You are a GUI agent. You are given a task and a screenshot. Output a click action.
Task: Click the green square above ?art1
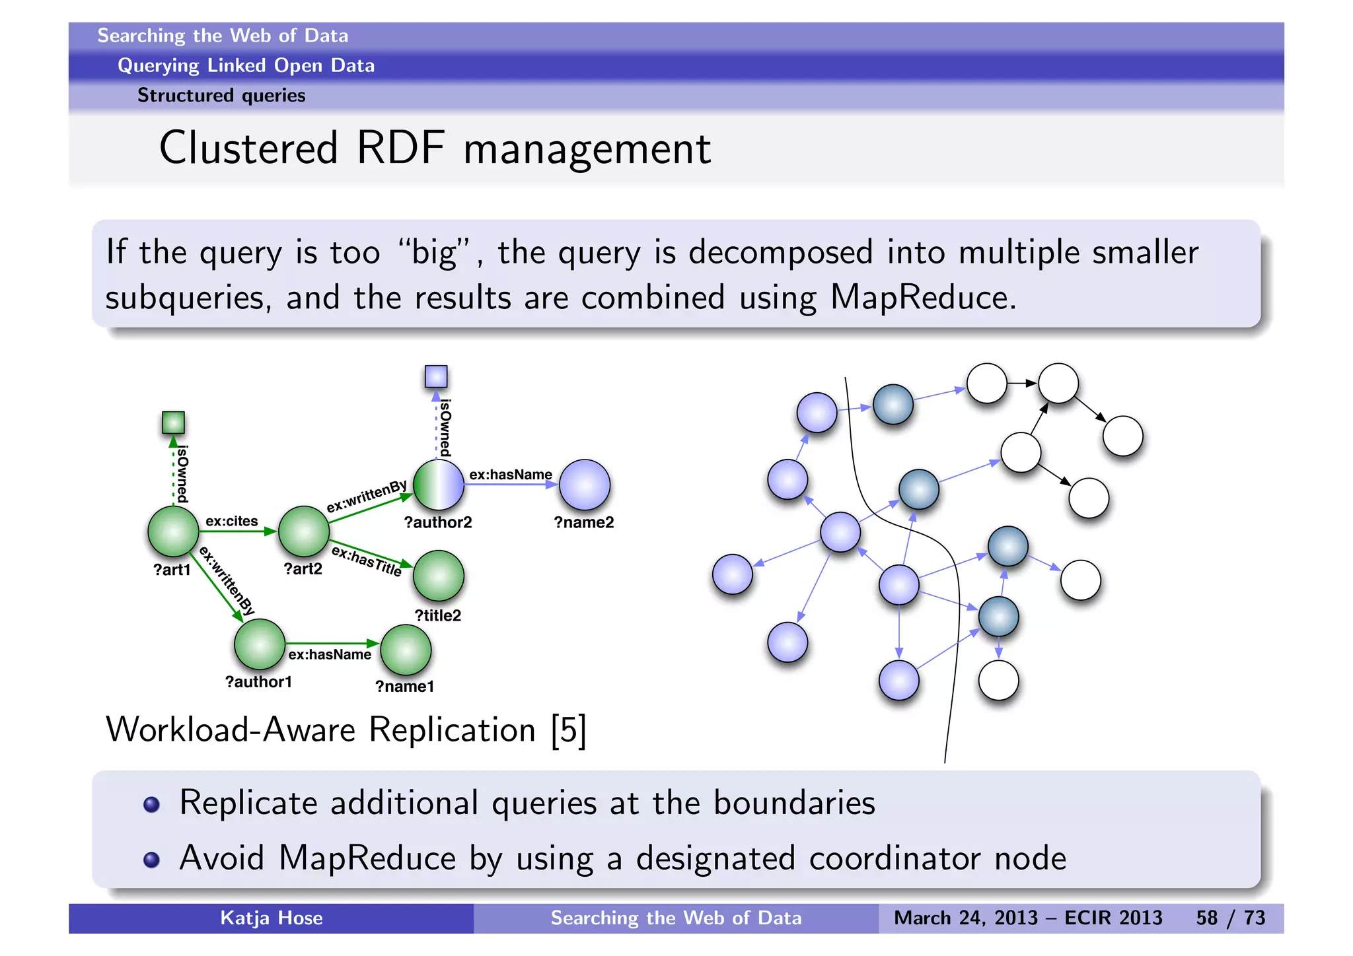pos(173,423)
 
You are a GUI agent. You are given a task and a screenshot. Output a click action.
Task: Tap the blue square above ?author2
pos(436,377)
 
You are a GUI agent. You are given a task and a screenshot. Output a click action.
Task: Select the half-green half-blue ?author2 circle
pos(439,485)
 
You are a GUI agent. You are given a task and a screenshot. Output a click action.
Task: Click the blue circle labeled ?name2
pos(585,485)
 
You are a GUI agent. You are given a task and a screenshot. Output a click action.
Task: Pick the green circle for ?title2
pos(439,576)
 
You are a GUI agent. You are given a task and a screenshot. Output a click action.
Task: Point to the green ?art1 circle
pos(173,531)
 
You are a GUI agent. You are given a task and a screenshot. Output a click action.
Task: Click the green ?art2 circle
pos(304,531)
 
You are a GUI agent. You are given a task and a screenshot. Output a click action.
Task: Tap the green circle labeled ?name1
pos(406,650)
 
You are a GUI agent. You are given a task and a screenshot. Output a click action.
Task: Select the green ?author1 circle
pos(260,644)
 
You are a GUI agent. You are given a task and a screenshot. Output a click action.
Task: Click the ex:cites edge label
pos(231,521)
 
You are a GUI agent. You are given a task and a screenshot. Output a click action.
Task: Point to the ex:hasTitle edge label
pos(367,561)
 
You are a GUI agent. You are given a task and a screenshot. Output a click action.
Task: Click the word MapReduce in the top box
pos(922,297)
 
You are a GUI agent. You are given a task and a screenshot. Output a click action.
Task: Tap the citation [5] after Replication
pos(569,730)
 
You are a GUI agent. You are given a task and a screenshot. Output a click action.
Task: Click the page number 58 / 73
pos(1230,918)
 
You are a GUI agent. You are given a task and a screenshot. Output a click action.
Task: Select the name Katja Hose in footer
pos(271,918)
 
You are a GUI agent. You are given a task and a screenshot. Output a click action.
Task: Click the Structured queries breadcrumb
pos(221,95)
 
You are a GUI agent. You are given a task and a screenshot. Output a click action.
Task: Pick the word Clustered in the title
pos(248,148)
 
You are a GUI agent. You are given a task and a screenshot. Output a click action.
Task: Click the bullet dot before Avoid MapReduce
pos(151,859)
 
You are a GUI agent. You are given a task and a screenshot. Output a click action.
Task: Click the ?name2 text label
pos(583,522)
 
